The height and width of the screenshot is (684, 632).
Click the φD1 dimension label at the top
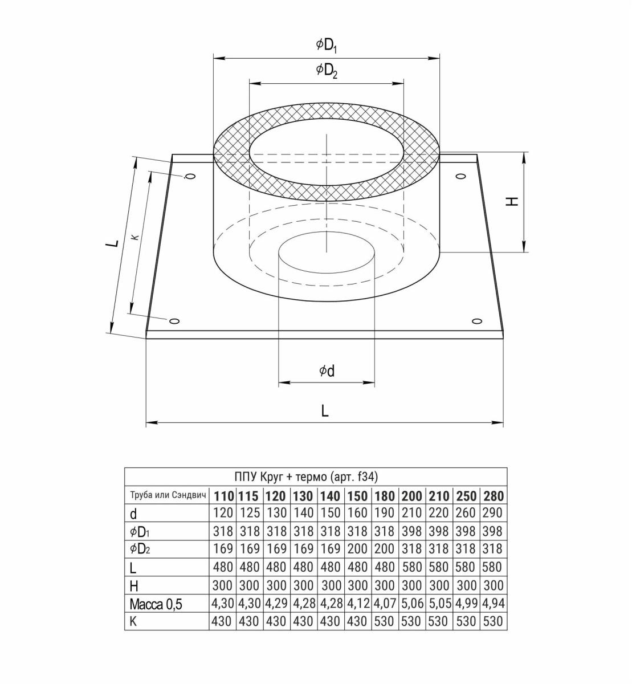(326, 46)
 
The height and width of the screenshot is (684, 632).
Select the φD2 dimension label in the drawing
(327, 71)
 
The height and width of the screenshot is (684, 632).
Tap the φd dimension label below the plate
(327, 371)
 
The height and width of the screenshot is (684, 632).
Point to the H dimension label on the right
(513, 201)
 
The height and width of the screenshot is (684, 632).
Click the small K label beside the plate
(136, 237)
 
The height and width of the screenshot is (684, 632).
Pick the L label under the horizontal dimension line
(325, 411)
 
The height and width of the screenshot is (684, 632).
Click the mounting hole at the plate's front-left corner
(174, 321)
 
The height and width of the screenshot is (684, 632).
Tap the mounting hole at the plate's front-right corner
(476, 321)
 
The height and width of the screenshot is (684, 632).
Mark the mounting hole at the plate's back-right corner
(460, 176)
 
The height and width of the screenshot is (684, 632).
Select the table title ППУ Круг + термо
(281, 477)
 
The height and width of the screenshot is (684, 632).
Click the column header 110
(223, 496)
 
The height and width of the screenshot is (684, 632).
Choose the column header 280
(494, 496)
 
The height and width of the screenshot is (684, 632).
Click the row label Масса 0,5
(156, 604)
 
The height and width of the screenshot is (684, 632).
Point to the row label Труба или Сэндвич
(168, 495)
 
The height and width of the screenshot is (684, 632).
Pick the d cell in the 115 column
(250, 513)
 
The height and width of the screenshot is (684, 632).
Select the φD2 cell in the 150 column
(357, 549)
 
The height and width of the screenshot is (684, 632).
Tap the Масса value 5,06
(412, 603)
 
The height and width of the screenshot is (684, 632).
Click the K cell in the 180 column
(384, 621)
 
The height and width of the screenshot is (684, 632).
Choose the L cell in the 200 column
(412, 567)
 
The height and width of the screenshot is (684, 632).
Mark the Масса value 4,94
(494, 603)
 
